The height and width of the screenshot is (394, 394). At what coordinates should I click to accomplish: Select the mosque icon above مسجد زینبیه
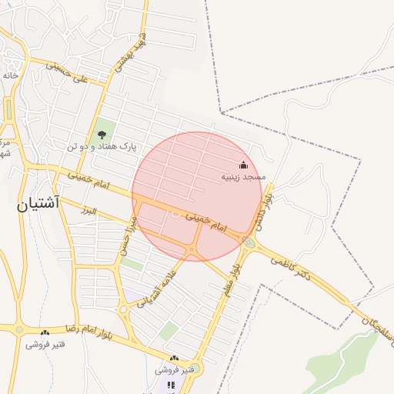tap(244, 164)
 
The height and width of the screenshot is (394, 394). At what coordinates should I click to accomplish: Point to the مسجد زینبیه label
tap(243, 176)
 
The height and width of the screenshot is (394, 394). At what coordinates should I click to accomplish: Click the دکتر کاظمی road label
tap(290, 269)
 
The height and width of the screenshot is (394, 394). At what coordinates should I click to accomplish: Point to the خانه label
tap(10, 75)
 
